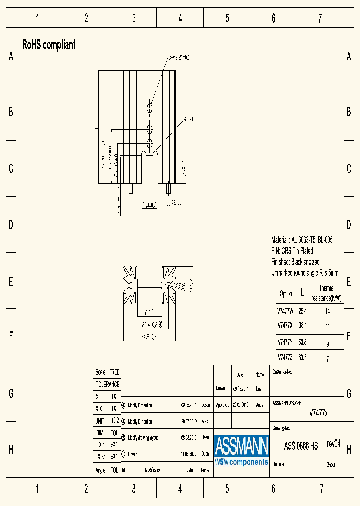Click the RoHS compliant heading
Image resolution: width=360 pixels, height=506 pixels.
pos(49,45)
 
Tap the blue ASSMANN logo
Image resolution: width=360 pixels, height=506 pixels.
pos(242,450)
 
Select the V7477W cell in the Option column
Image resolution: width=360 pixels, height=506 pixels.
pos(285,311)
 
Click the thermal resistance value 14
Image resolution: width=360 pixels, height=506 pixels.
pos(327,311)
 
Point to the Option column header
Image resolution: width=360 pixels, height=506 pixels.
pos(286,293)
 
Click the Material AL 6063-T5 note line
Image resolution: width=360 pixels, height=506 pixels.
pos(302,240)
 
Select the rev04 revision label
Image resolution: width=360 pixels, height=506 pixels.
pos(333,444)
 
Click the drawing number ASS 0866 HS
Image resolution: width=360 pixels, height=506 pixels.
pos(301,446)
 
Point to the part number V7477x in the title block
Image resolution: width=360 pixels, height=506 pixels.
pos(318,413)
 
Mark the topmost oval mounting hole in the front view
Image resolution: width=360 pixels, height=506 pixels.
pos(150,108)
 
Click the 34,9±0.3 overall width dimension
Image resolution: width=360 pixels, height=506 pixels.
pos(142,336)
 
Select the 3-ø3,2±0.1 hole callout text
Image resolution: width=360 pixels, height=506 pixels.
pos(178,58)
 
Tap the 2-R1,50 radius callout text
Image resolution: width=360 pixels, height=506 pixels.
pos(192,119)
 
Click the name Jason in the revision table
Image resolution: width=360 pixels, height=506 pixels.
pos(205,405)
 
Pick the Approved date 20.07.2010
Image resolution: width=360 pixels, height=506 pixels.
pos(241,405)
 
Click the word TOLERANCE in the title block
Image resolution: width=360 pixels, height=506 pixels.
pos(107,384)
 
